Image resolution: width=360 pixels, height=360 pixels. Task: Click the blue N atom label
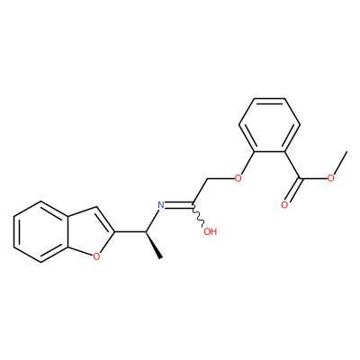point(161,205)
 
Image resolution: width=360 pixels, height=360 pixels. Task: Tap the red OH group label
point(210,231)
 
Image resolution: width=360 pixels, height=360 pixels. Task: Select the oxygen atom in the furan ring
point(96,256)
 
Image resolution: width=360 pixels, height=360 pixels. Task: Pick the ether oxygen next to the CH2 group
point(238,179)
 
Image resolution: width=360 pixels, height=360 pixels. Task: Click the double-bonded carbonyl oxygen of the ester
point(284,205)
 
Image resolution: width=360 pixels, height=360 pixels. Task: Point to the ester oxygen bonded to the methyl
point(331,179)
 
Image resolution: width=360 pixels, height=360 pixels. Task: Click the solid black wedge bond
point(154,245)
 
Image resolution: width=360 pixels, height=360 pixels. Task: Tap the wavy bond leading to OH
point(198,215)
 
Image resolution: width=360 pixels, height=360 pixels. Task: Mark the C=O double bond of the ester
point(292,191)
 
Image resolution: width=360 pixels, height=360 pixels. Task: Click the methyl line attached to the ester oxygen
point(340,164)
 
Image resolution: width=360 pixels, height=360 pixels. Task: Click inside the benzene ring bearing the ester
point(269,125)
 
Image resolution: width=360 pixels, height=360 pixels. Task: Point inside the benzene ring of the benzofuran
point(40,232)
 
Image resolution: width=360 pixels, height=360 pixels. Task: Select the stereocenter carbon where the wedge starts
point(146,231)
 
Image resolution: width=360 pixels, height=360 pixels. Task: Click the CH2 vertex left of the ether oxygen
point(208,180)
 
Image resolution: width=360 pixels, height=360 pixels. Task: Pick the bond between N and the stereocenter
point(152,220)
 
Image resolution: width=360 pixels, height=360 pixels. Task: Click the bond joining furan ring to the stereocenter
point(130,231)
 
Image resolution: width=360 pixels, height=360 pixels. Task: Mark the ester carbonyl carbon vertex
point(300,179)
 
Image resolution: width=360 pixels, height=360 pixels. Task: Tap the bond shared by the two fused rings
point(67,231)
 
